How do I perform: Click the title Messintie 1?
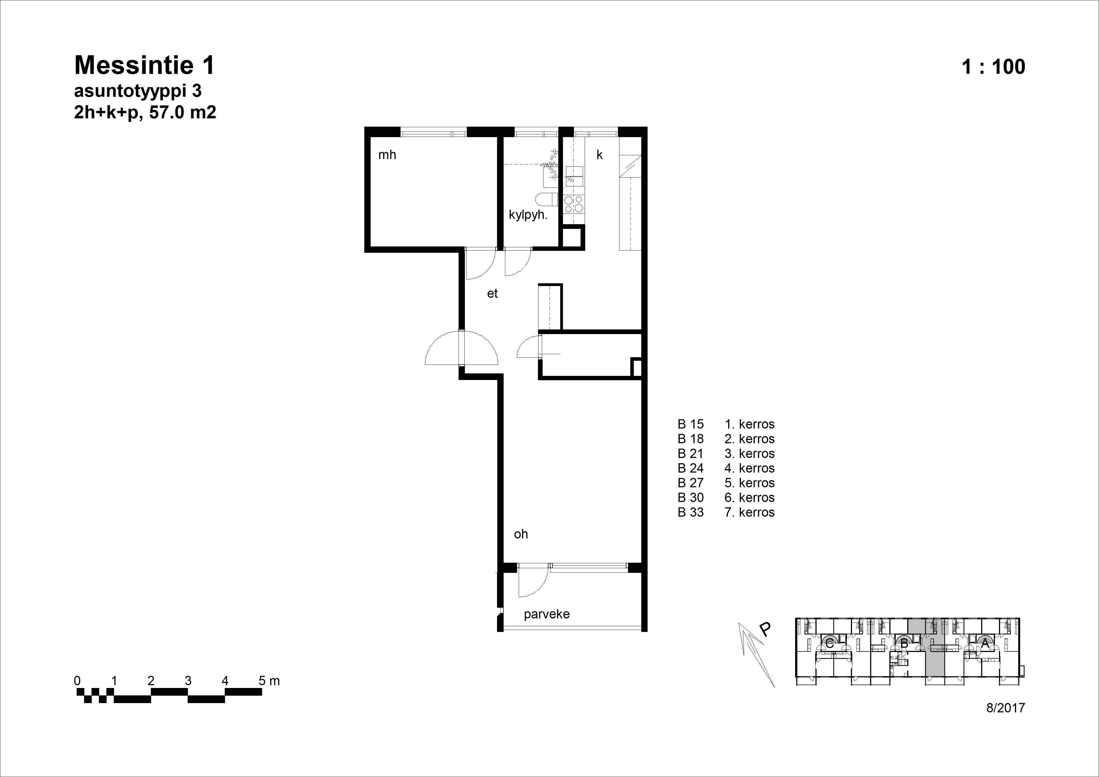[x=145, y=65]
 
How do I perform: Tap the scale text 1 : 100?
[x=993, y=66]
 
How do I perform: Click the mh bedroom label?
[x=387, y=155]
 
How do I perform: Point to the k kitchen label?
[x=599, y=155]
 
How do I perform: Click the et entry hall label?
[x=493, y=293]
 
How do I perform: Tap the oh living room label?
[x=521, y=534]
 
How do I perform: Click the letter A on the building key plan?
[x=985, y=644]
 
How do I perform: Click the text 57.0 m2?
[x=183, y=112]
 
